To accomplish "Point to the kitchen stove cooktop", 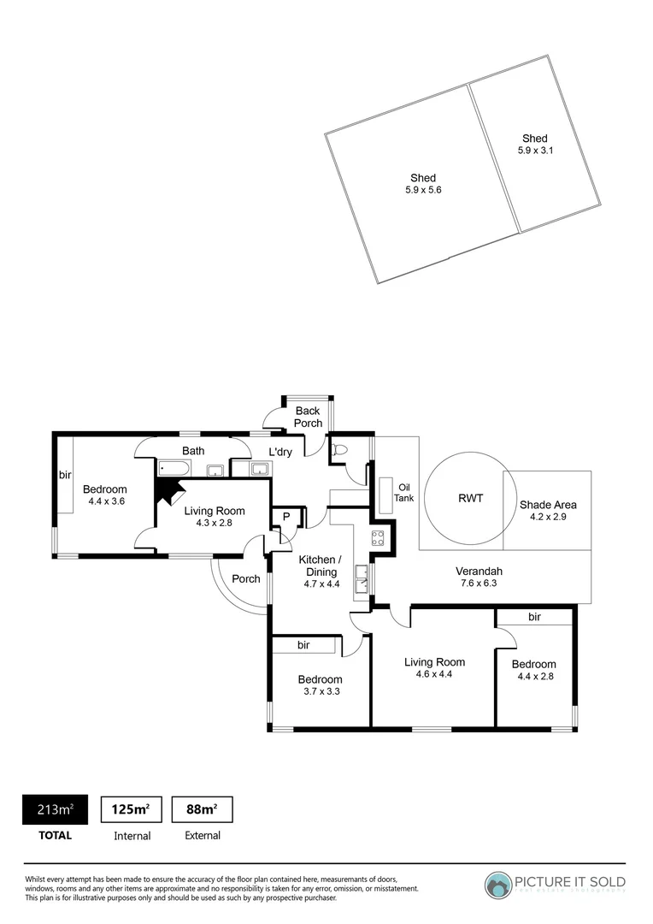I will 378,537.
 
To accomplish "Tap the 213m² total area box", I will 54,809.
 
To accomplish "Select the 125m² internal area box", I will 132,809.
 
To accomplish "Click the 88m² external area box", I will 202,809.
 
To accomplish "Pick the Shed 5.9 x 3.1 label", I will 535,144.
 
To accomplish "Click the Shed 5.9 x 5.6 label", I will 422,184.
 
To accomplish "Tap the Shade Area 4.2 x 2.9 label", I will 548,511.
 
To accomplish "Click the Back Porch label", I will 308,417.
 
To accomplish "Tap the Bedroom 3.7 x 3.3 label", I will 320,685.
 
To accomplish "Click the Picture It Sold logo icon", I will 497,885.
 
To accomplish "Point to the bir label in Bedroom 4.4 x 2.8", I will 534,616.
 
